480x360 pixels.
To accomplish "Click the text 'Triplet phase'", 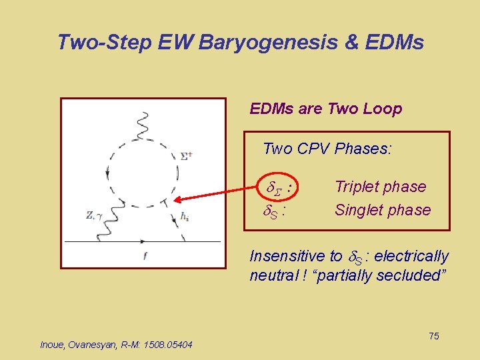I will pos(380,187).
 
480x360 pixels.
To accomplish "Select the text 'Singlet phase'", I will pos(383,210).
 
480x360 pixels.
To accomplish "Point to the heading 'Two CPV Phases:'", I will pos(327,149).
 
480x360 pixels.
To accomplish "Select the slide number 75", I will pos(433,336).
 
